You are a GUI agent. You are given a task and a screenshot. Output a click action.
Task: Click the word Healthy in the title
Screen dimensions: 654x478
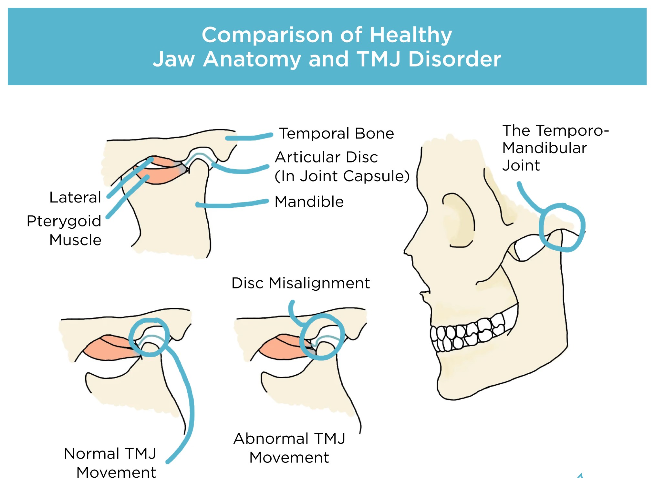pyautogui.click(x=410, y=35)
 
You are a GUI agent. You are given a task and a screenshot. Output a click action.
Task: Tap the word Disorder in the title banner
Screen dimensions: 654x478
pyautogui.click(x=455, y=59)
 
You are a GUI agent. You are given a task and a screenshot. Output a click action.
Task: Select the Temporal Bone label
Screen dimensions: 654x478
pyautogui.click(x=337, y=133)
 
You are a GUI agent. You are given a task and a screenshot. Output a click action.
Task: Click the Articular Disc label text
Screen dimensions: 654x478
pyautogui.click(x=326, y=157)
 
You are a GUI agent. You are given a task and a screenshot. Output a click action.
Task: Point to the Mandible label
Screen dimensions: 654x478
pyautogui.click(x=309, y=202)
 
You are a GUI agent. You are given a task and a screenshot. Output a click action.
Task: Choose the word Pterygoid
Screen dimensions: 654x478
pyautogui.click(x=64, y=222)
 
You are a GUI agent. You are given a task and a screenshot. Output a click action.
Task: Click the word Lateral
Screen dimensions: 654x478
pyautogui.click(x=75, y=197)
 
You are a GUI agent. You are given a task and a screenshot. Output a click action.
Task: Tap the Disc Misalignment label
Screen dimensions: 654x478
pyautogui.click(x=301, y=283)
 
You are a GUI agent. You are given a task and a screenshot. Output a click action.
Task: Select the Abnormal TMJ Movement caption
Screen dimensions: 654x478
pyautogui.click(x=289, y=448)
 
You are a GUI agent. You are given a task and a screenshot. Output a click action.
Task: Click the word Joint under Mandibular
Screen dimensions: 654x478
pyautogui.click(x=521, y=165)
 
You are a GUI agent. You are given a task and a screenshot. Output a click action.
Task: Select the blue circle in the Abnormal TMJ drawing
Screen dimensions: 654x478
pyautogui.click(x=301, y=338)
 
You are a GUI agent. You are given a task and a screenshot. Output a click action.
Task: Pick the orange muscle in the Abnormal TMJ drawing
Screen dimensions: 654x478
pyautogui.click(x=284, y=347)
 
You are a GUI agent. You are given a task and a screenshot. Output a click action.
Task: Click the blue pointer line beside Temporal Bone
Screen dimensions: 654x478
pyautogui.click(x=249, y=137)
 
